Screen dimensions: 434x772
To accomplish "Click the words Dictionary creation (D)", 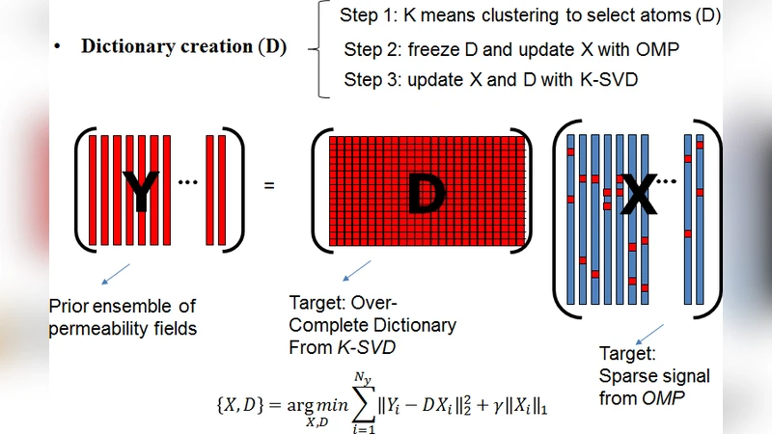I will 183,47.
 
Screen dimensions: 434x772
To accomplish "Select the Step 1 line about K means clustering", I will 530,16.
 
